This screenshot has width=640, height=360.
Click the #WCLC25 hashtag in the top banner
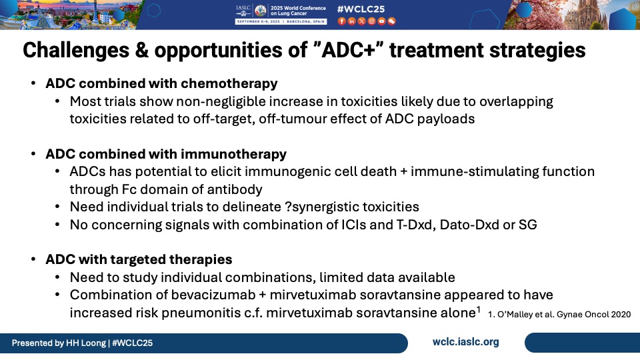pyautogui.click(x=361, y=9)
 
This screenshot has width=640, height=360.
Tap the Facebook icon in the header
pyautogui.click(x=341, y=21)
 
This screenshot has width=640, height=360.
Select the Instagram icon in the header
pyautogui.click(x=371, y=21)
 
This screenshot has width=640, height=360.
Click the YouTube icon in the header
pyautogui.click(x=381, y=21)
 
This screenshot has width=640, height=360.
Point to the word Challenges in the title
pyautogui.click(x=76, y=50)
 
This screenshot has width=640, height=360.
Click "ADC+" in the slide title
pyautogui.click(x=348, y=50)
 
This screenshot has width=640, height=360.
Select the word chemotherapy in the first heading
pyautogui.click(x=229, y=83)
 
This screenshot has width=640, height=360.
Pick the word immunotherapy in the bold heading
pyautogui.click(x=233, y=154)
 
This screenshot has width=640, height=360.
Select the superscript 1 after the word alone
pyautogui.click(x=479, y=309)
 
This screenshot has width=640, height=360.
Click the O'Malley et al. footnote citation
pyautogui.click(x=559, y=315)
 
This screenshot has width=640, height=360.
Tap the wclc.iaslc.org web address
pyautogui.click(x=466, y=342)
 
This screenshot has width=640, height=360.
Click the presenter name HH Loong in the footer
pyautogui.click(x=86, y=343)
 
